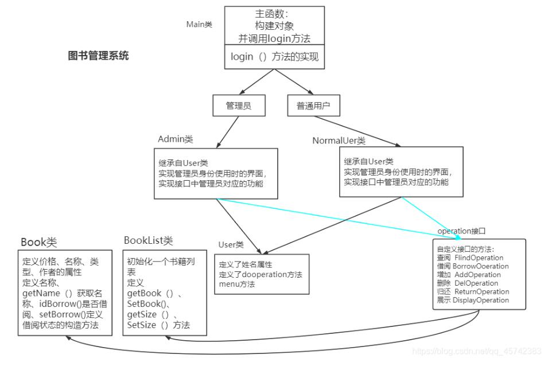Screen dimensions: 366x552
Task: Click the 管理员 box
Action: click(x=239, y=106)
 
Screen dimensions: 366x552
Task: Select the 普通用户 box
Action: click(x=313, y=106)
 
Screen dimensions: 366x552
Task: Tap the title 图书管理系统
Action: click(x=98, y=56)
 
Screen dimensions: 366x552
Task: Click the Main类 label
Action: click(x=199, y=24)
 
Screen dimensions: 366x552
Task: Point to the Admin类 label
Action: click(x=175, y=139)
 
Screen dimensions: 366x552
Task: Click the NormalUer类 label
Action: click(x=339, y=141)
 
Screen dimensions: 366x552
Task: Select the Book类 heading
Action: click(x=39, y=242)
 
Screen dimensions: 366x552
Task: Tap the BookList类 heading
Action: click(x=148, y=240)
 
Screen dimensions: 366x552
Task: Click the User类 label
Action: click(x=231, y=244)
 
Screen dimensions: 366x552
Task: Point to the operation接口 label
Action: click(x=461, y=231)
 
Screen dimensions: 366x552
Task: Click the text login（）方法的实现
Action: click(x=274, y=57)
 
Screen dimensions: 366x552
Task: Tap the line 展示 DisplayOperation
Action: click(x=472, y=300)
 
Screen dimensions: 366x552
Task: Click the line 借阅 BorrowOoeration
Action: click(x=472, y=266)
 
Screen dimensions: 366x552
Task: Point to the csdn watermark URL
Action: click(x=477, y=351)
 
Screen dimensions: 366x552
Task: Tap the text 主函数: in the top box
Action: click(x=274, y=13)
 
